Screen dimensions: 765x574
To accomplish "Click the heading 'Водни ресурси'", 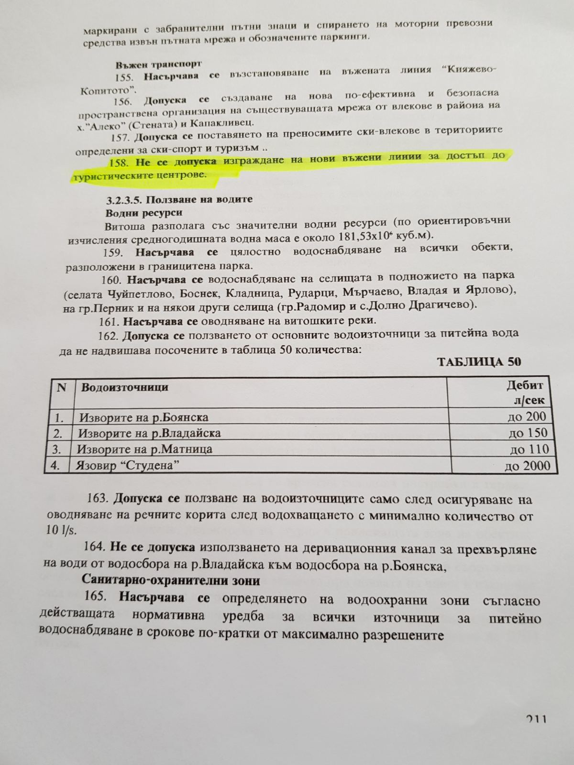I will (x=143, y=212).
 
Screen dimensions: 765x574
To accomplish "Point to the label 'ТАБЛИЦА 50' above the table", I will (x=479, y=361).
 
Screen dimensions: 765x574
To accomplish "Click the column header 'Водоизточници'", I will (x=124, y=387).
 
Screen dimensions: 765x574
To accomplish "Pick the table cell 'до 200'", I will (x=527, y=417).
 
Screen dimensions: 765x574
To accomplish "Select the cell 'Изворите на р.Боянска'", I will (x=143, y=417).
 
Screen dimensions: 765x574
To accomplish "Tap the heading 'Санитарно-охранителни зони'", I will (x=171, y=580).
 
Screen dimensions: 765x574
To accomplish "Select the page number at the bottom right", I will (x=536, y=719).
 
